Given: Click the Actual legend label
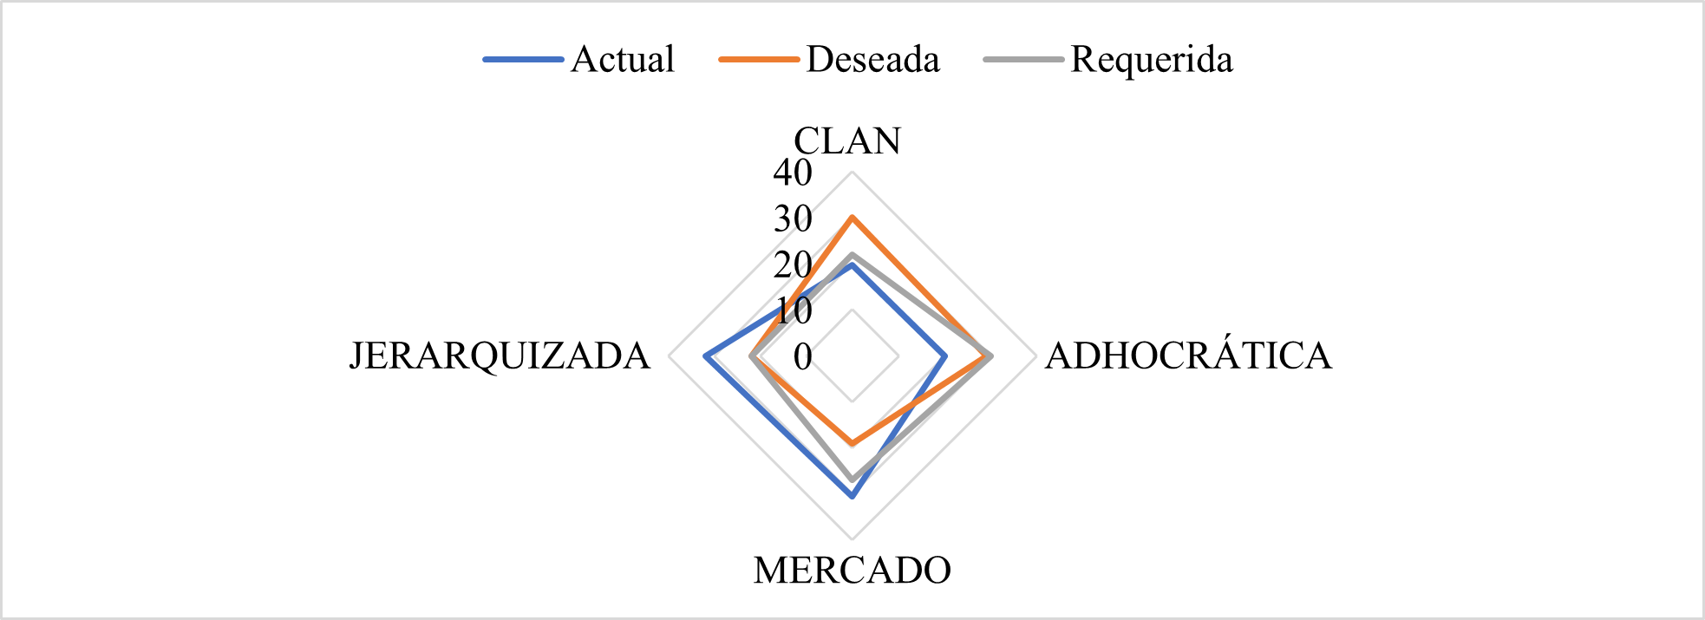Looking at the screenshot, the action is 622,59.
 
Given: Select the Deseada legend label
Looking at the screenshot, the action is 872,59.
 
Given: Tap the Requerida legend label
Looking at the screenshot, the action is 1151,59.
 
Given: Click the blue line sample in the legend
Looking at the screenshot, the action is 523,60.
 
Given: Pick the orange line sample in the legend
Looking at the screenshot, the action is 759,60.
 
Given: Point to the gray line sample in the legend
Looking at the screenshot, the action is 1023,60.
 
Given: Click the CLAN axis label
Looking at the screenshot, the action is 847,140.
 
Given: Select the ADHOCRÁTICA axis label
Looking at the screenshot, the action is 1187,356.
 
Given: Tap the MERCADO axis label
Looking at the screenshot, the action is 852,571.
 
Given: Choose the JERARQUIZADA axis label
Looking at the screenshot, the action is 500,356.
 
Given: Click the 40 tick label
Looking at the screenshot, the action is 793,173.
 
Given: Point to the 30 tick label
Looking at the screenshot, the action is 793,219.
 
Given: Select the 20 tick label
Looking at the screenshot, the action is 793,264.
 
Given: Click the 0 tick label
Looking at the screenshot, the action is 803,356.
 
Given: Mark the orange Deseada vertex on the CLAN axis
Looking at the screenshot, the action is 852,217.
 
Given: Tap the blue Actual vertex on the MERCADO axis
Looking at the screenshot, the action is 852,497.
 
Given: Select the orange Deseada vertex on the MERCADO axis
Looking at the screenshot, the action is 852,444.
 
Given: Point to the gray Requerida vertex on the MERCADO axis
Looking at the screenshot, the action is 852,480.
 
